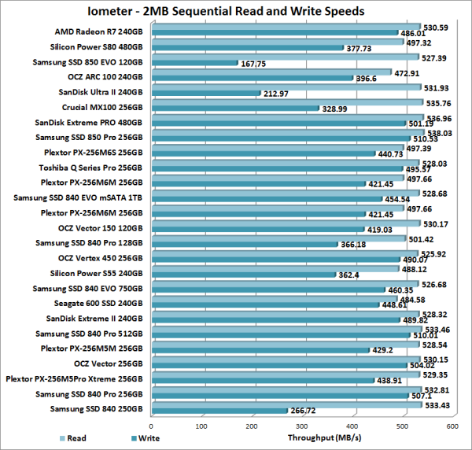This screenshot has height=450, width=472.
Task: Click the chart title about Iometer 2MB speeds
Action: click(235, 12)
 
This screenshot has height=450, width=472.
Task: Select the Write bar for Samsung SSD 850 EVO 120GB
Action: click(193, 63)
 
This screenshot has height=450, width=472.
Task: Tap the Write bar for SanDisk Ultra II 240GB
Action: click(205, 93)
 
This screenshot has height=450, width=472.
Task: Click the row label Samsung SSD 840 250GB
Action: click(97, 408)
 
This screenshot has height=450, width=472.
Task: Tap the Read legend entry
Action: click(73, 437)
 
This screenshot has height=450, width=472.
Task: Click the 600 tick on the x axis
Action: click(453, 426)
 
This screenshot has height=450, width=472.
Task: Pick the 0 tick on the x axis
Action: click(150, 426)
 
